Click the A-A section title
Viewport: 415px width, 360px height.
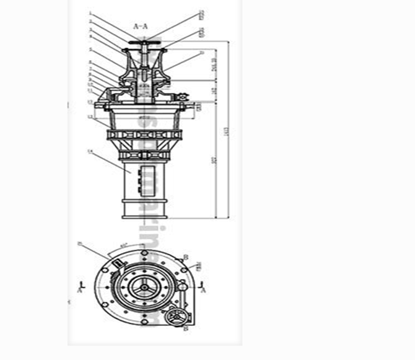click(141, 26)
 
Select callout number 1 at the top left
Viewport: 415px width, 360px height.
click(90, 12)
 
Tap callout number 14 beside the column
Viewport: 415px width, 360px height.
click(90, 151)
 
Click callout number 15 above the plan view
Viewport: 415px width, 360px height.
click(80, 244)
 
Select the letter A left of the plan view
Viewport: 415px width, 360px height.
click(80, 289)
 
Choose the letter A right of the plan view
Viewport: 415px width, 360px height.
click(204, 289)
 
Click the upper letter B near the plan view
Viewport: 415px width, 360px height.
click(186, 257)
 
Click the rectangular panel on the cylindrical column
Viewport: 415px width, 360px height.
click(149, 176)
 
